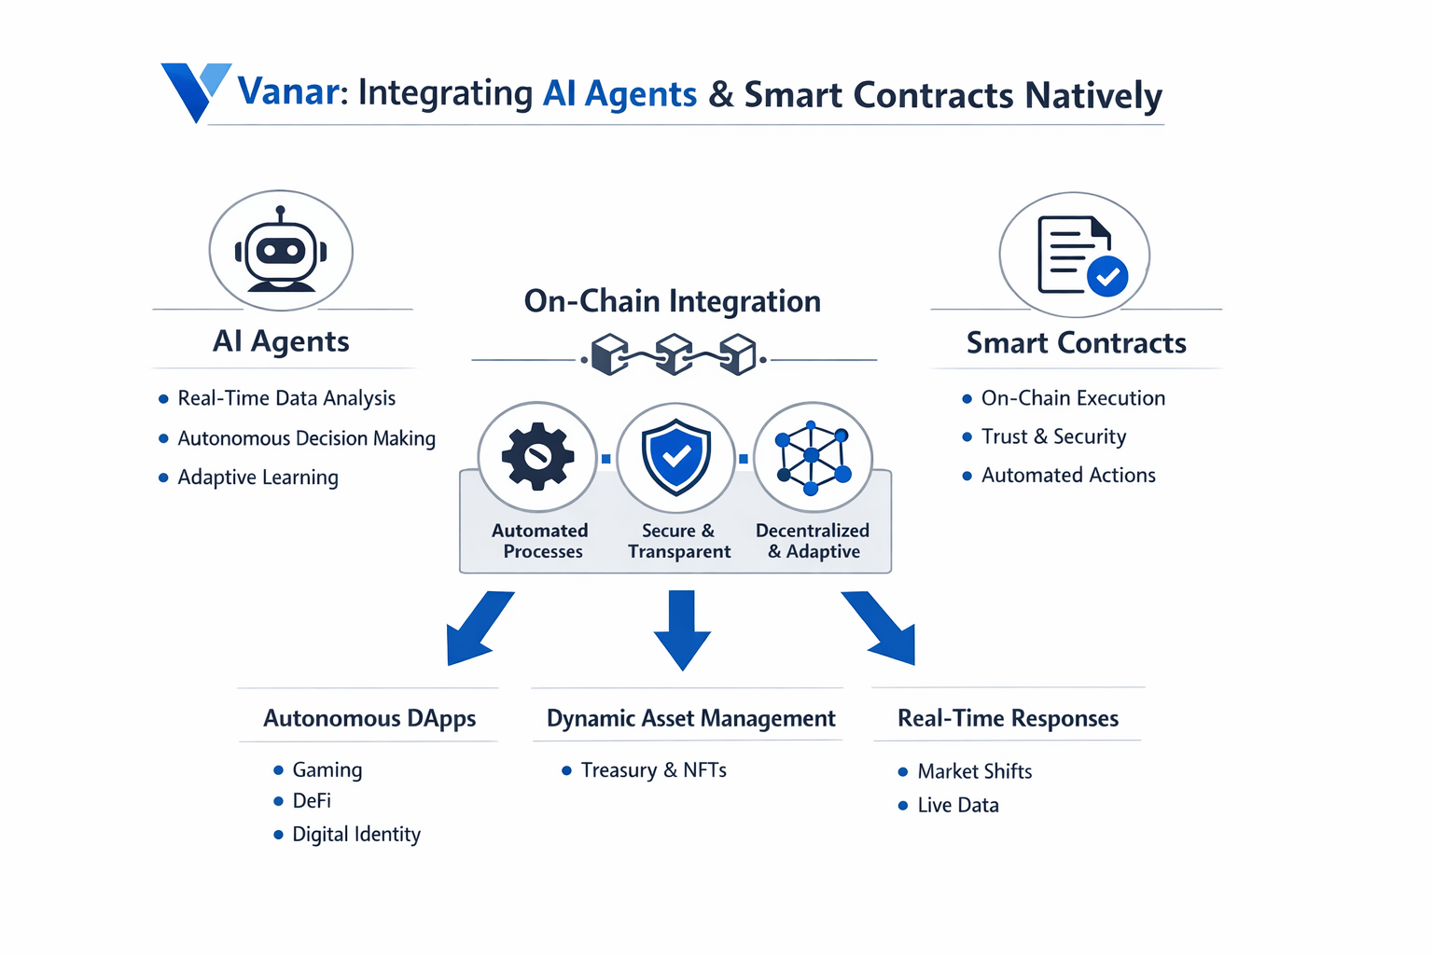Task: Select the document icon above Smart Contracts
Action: (1077, 255)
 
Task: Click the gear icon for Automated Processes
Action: (537, 456)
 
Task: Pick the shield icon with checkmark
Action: (676, 456)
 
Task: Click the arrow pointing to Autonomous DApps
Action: (477, 629)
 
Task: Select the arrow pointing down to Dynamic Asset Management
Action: (682, 630)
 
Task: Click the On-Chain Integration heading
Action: (672, 301)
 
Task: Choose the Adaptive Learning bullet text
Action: (257, 477)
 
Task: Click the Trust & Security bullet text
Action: (1053, 436)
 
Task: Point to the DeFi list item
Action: (312, 801)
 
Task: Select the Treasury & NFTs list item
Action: (653, 770)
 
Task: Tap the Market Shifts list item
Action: (974, 771)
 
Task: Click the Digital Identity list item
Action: (356, 834)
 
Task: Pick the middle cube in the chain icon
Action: (674, 355)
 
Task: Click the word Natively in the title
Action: (1093, 95)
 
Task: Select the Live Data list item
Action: (958, 805)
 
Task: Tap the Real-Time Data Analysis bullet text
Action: (286, 398)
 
